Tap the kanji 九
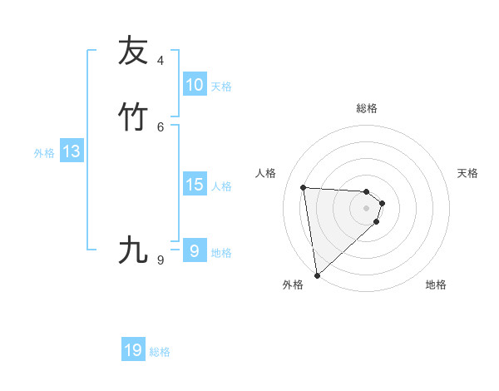[133, 249]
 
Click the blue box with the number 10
[194, 85]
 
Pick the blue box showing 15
[194, 185]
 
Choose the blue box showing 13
[71, 151]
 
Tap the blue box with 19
[133, 350]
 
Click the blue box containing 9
[194, 250]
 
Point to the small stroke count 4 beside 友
[161, 61]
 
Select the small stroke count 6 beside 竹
[161, 126]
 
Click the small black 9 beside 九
[161, 260]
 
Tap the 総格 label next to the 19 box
[160, 352]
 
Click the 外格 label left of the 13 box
[44, 153]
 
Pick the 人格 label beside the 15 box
[222, 186]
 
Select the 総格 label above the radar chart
[367, 108]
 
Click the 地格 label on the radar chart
[436, 285]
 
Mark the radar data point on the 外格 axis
[317, 275]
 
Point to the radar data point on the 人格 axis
[304, 187]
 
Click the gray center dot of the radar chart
[366, 208]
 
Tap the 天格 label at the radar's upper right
[467, 173]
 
